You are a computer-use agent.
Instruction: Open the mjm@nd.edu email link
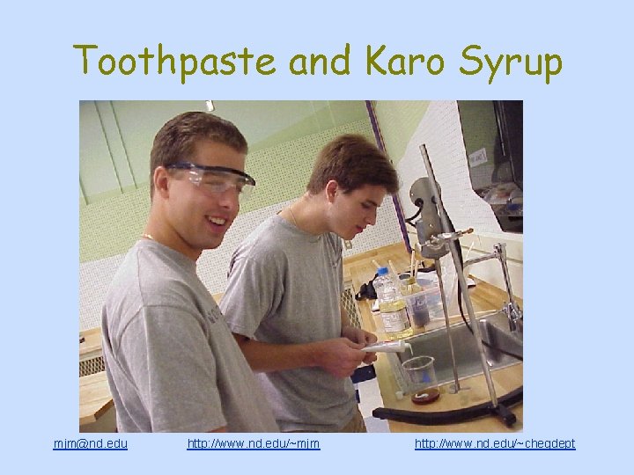(91, 443)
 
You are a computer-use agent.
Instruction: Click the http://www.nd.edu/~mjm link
(254, 443)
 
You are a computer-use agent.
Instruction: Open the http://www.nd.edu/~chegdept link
(495, 443)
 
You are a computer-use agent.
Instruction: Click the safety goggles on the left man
(211, 179)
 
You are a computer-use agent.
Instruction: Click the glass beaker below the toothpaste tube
(419, 374)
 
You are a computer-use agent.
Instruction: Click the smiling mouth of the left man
(212, 217)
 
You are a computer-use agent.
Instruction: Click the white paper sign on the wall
(477, 157)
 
